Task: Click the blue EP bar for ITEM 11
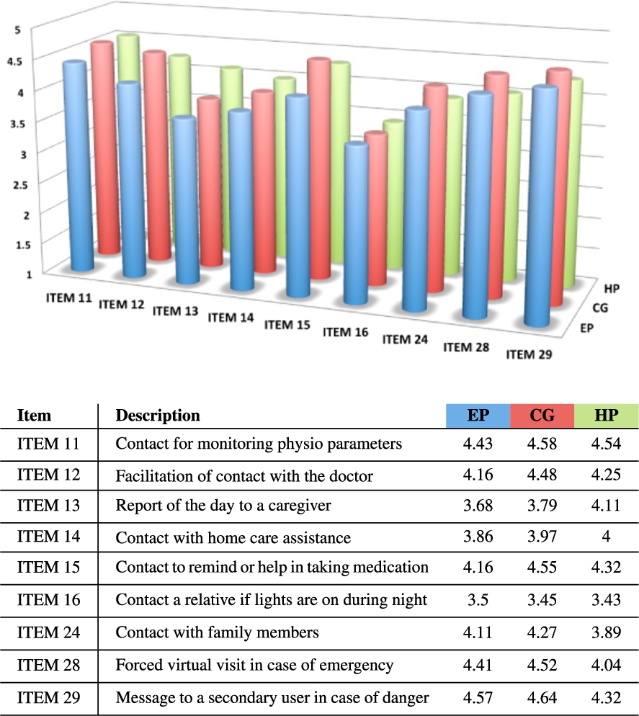[x=78, y=166]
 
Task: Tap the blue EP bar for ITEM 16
[x=356, y=223]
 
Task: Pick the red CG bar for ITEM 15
[x=319, y=169]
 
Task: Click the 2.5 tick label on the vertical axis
[x=19, y=185]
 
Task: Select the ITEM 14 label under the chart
[x=231, y=318]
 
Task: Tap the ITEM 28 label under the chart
[x=466, y=347]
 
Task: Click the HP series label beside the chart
[x=612, y=289]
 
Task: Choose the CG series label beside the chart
[x=600, y=308]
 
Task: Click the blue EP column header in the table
[x=478, y=416]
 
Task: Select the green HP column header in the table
[x=607, y=416]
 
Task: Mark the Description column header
[x=158, y=416]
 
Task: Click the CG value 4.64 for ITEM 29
[x=542, y=698]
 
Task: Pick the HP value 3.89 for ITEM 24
[x=606, y=632]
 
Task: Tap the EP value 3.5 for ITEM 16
[x=478, y=599]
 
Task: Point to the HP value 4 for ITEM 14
[x=606, y=536]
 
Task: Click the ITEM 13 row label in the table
[x=48, y=506]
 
